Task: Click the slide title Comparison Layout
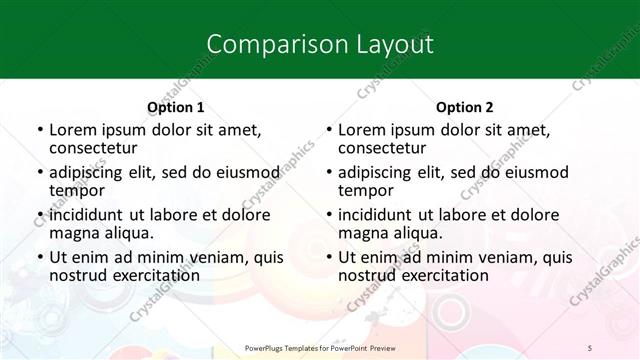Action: coord(319,45)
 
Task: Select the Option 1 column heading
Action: coord(175,107)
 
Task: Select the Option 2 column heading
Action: coord(464,107)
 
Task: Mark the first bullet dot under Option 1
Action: coord(38,130)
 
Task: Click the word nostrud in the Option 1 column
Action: coord(77,276)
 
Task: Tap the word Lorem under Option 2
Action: coord(361,129)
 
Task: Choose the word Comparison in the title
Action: coord(264,45)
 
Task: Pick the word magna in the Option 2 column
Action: coord(363,233)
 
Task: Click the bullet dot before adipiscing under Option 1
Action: coord(38,172)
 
